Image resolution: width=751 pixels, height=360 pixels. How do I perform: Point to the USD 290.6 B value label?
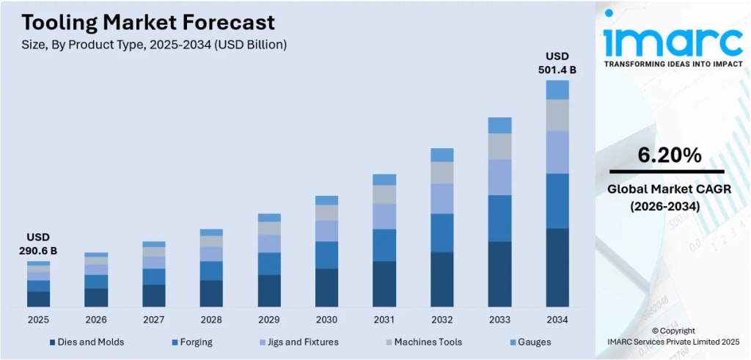click(x=38, y=244)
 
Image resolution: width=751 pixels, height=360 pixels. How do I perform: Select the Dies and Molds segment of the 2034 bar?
click(x=557, y=267)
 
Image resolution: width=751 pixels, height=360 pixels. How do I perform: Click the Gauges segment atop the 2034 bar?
click(x=557, y=89)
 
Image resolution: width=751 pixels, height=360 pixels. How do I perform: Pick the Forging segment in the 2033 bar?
click(x=499, y=218)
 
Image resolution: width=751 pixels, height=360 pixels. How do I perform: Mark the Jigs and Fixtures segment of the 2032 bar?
click(x=442, y=198)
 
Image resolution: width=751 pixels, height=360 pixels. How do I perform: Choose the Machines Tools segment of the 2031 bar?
click(x=384, y=194)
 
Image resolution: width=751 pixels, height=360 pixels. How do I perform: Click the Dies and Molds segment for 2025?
click(x=39, y=298)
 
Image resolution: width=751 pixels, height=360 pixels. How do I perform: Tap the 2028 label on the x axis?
click(x=211, y=320)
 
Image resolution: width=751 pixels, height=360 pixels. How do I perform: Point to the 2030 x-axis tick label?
click(x=326, y=320)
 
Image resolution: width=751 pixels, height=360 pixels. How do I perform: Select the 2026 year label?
click(x=96, y=320)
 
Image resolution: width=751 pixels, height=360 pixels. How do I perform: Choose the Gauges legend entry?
click(x=529, y=342)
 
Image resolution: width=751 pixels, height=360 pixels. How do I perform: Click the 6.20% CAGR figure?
click(x=668, y=155)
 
